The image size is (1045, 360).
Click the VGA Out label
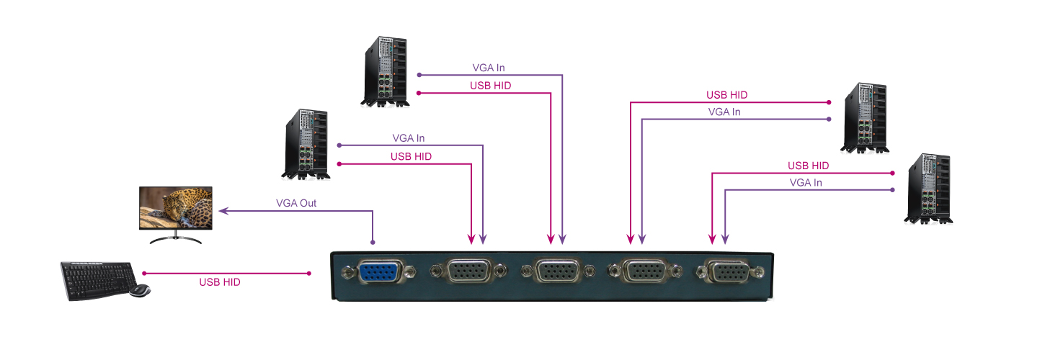click(x=296, y=203)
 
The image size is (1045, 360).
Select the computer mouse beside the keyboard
click(x=140, y=290)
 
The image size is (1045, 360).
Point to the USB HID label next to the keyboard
click(x=220, y=283)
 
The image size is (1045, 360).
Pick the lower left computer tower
click(x=305, y=144)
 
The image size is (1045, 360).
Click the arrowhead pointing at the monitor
click(x=223, y=212)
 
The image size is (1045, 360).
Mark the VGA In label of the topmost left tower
click(x=489, y=68)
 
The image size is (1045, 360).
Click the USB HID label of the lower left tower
click(x=412, y=156)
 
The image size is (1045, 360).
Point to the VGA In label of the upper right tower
click(x=724, y=112)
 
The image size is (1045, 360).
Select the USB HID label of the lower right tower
click(x=808, y=166)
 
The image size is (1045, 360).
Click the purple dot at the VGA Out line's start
click(x=373, y=241)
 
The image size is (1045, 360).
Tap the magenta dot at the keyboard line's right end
click(x=309, y=274)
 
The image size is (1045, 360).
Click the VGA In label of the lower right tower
click(x=806, y=183)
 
